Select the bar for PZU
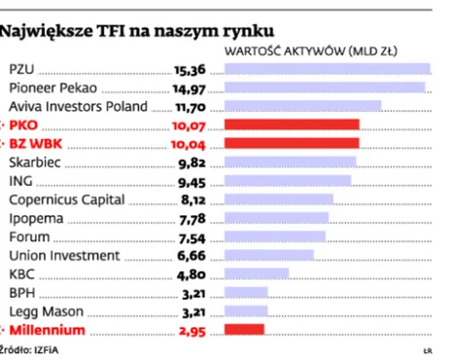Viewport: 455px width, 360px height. coord(327,68)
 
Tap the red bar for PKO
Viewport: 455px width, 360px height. coord(292,125)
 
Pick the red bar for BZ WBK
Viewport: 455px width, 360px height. coord(292,143)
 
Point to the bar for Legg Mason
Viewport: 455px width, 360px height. coord(247,311)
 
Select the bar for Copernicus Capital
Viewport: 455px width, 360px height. coord(279,199)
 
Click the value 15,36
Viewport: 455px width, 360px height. coord(192,69)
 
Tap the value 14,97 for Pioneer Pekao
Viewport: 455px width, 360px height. coord(192,88)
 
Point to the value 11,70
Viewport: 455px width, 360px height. coord(192,106)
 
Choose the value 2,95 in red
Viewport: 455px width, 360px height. coord(194,331)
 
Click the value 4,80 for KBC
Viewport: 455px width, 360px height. coord(194,274)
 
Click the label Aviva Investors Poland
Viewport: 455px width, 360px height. coord(77,106)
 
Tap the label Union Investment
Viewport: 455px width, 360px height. coord(64,256)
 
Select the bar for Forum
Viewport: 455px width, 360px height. coord(274,236)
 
